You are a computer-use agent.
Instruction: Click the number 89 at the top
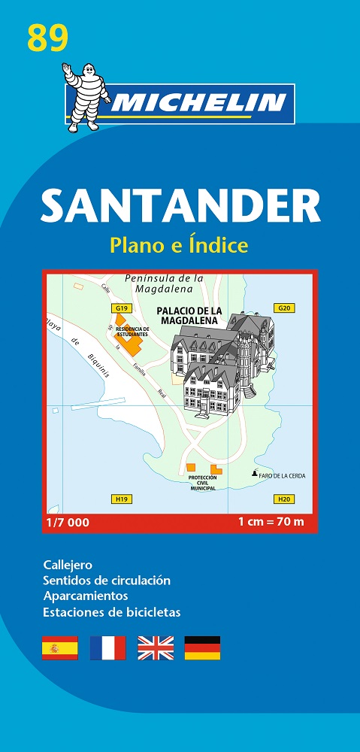coord(47,37)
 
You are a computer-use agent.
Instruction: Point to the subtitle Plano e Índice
coord(179,245)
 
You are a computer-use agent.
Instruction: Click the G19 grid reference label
coord(120,308)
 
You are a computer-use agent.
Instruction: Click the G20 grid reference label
coord(283,308)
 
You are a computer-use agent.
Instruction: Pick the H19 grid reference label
coord(120,499)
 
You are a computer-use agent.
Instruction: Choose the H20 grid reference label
coord(283,499)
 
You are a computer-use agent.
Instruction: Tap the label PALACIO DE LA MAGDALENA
coord(188,314)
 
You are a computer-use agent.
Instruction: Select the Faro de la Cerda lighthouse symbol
coord(253,474)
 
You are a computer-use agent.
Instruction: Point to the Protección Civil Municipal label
coord(202,483)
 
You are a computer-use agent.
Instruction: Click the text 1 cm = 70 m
coord(271,522)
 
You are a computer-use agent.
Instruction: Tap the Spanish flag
coord(60,647)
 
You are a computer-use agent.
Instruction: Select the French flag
coord(107,647)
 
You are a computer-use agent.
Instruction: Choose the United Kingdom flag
coord(156,647)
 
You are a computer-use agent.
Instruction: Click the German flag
coord(203,647)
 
